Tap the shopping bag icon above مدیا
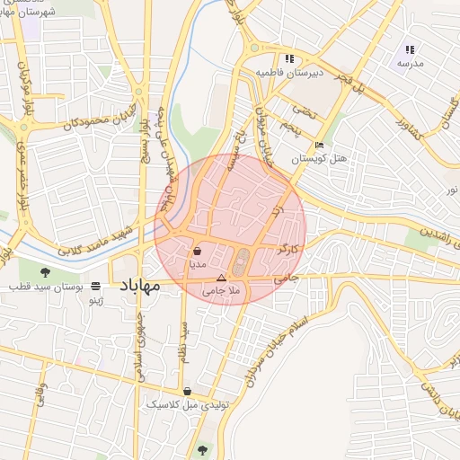[x=197, y=252]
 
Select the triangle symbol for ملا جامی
[x=221, y=279]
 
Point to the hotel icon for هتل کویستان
[x=319, y=146]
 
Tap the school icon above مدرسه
[x=410, y=50]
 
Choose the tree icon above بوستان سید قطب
[x=46, y=272]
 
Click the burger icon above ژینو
[x=96, y=286]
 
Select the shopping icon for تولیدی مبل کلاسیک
[x=187, y=391]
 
